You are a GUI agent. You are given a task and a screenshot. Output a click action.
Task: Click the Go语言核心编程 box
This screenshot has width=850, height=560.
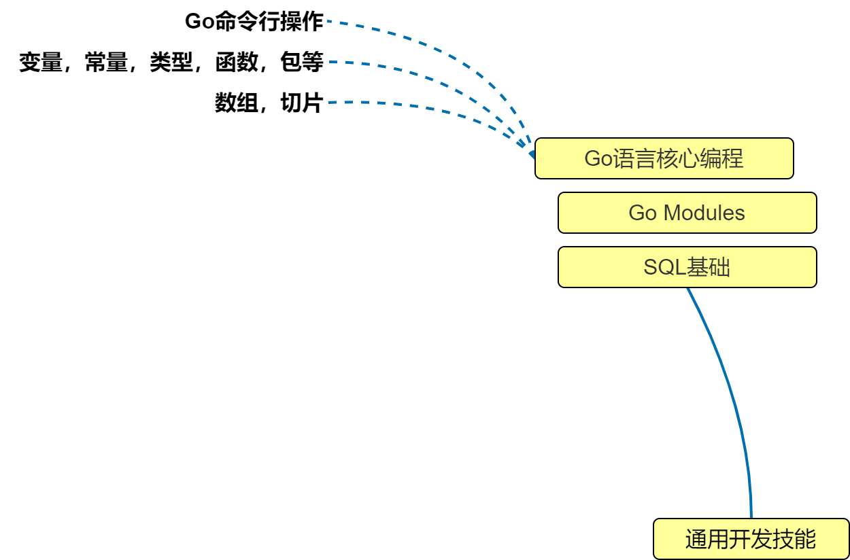[664, 158]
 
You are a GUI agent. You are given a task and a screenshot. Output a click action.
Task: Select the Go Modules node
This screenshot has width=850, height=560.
[687, 213]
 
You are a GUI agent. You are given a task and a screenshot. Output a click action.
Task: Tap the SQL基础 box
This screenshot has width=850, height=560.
[687, 267]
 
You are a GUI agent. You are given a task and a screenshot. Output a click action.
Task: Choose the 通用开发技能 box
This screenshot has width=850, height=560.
[751, 540]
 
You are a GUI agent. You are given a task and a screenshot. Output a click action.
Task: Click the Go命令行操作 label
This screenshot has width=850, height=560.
[254, 22]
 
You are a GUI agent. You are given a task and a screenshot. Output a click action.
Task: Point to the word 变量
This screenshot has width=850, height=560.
[40, 63]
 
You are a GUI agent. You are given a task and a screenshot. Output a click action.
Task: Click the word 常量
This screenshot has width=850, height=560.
[106, 63]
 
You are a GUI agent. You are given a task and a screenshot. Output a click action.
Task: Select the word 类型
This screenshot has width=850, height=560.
[171, 63]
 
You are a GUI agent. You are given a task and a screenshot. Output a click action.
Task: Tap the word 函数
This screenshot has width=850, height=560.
[237, 63]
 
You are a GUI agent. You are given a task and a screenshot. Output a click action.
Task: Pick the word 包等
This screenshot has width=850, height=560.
[301, 63]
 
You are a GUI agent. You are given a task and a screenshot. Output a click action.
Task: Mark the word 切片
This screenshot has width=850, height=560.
[301, 103]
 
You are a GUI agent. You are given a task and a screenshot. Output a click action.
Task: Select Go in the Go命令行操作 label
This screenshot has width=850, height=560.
[199, 22]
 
